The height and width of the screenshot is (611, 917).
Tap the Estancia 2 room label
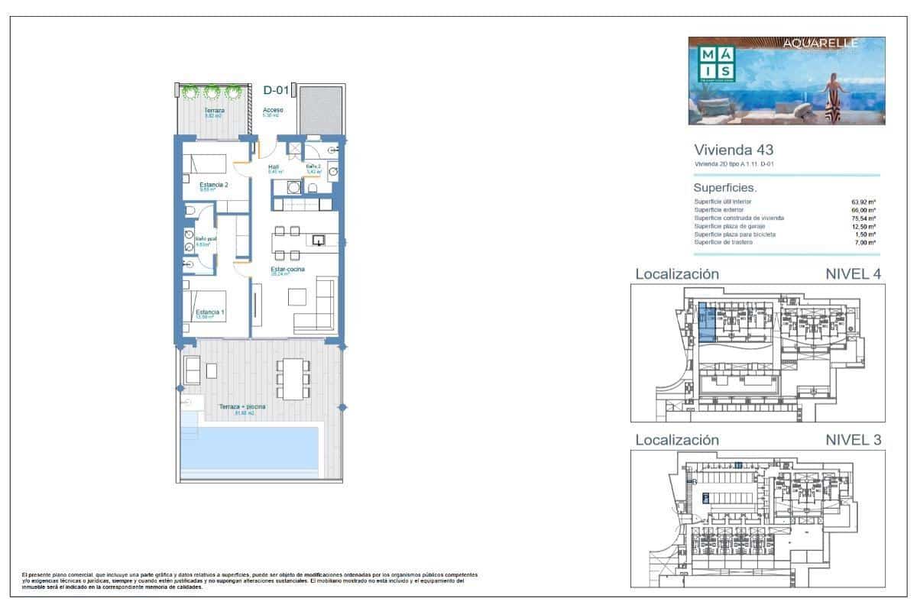(214, 185)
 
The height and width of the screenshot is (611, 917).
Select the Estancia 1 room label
(210, 312)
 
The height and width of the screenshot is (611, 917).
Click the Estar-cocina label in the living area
(287, 270)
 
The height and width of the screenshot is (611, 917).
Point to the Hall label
(274, 166)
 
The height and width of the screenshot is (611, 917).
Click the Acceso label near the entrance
(273, 110)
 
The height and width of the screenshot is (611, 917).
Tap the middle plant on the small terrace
(211, 93)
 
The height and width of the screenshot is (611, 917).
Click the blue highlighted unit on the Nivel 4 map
(708, 324)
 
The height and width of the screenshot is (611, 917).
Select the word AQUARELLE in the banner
(821, 44)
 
